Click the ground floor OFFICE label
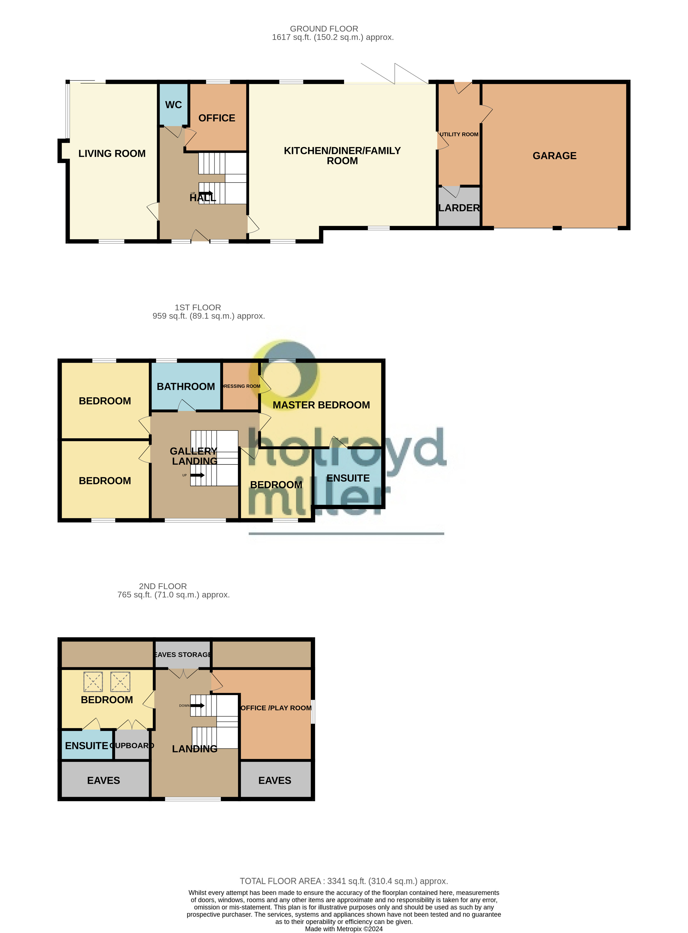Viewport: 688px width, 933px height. [x=216, y=118]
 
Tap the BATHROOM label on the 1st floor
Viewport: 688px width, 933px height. [x=186, y=386]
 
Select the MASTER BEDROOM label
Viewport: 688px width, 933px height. [x=321, y=405]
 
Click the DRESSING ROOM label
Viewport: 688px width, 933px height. [x=241, y=386]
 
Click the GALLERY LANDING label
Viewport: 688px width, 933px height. [x=194, y=456]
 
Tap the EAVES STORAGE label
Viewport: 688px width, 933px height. [x=182, y=655]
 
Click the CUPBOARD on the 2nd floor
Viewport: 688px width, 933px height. [x=132, y=746]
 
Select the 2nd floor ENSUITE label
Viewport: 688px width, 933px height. [x=87, y=746]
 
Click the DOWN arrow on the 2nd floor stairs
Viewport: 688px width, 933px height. [x=197, y=705]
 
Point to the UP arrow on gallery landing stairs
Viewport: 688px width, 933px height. [x=197, y=475]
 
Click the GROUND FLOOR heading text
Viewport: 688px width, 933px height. [x=324, y=29]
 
